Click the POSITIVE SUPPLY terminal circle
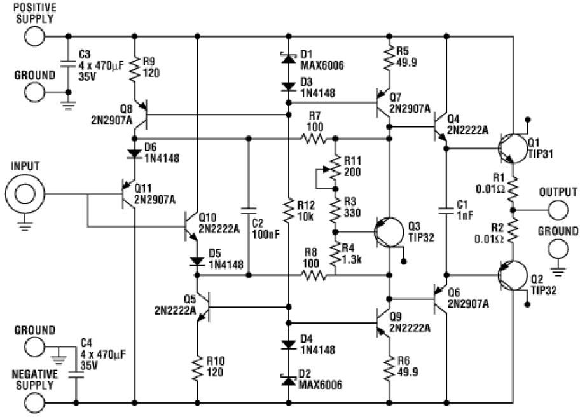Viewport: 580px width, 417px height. (35, 36)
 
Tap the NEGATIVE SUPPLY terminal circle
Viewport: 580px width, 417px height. (35, 402)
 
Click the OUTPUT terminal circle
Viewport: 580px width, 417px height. (558, 208)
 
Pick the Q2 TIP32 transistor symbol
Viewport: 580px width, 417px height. (513, 275)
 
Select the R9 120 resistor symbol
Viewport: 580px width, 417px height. (135, 69)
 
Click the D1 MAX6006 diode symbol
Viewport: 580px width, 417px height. (288, 59)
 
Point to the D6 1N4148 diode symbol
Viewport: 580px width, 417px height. (135, 153)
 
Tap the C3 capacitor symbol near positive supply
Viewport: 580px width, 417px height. (69, 64)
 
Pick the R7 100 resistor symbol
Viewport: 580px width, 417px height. (316, 139)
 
